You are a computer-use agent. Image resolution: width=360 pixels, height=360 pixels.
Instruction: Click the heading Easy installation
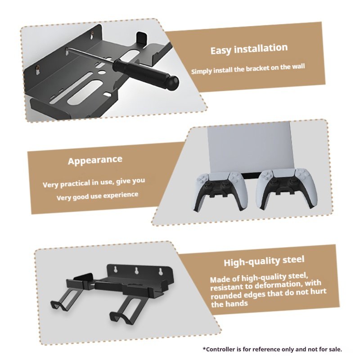[x=249, y=49]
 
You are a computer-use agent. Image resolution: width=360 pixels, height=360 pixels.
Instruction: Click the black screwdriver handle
[x=146, y=72]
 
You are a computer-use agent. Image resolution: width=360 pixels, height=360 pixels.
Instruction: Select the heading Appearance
[x=95, y=160]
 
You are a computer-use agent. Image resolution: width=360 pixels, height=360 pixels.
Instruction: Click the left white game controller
[x=221, y=190]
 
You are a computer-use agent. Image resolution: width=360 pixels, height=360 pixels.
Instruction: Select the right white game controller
[x=287, y=188]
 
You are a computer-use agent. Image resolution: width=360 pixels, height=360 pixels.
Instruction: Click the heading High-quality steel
[x=264, y=261]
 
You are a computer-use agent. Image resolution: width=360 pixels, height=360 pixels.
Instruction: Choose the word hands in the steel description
[x=237, y=303]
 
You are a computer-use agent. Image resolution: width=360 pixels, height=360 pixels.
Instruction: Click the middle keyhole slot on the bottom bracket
[x=137, y=270]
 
